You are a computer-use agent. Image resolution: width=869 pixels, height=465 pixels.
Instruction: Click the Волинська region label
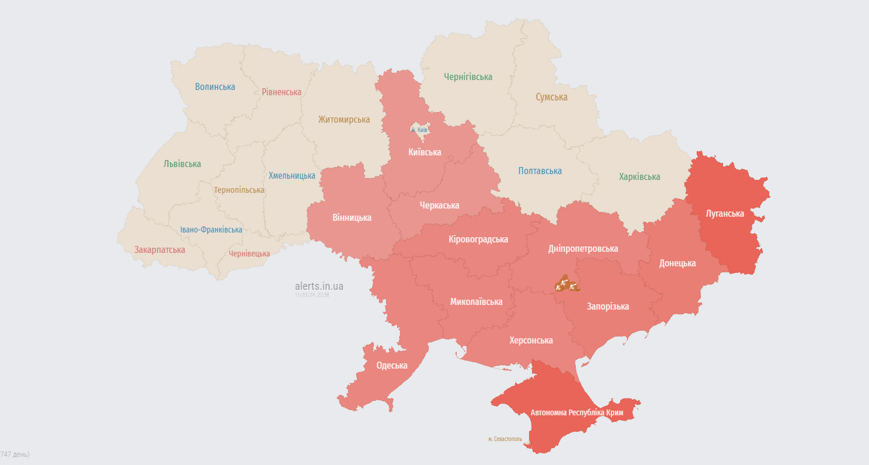[215, 87]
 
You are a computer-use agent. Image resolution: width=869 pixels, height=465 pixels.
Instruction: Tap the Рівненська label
[281, 92]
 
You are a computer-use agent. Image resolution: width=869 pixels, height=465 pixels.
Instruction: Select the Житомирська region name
[344, 120]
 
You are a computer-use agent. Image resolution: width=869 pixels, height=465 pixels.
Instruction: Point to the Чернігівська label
[468, 77]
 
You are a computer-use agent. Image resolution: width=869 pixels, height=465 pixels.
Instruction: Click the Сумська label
[551, 98]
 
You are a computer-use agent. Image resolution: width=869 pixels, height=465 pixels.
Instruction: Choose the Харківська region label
[639, 177]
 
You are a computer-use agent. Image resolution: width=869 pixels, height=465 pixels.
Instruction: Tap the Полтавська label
[540, 171]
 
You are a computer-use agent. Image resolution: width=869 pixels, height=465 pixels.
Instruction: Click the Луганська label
[725, 214]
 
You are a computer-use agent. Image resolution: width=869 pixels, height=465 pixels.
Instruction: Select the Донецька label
[677, 263]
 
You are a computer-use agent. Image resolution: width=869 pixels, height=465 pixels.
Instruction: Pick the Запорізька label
[608, 307]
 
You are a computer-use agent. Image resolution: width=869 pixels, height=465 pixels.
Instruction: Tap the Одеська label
[392, 366]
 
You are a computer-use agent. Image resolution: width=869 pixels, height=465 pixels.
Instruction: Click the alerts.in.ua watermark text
[319, 286]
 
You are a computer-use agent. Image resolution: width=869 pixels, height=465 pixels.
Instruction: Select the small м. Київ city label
[419, 130]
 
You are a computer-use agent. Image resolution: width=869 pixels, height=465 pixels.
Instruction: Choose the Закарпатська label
[159, 250]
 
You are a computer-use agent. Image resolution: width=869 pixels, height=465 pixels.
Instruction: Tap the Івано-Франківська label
[211, 230]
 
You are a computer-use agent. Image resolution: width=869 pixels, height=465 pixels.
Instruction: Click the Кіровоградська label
[478, 240]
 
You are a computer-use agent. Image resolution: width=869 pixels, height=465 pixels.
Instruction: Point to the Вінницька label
[352, 218]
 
